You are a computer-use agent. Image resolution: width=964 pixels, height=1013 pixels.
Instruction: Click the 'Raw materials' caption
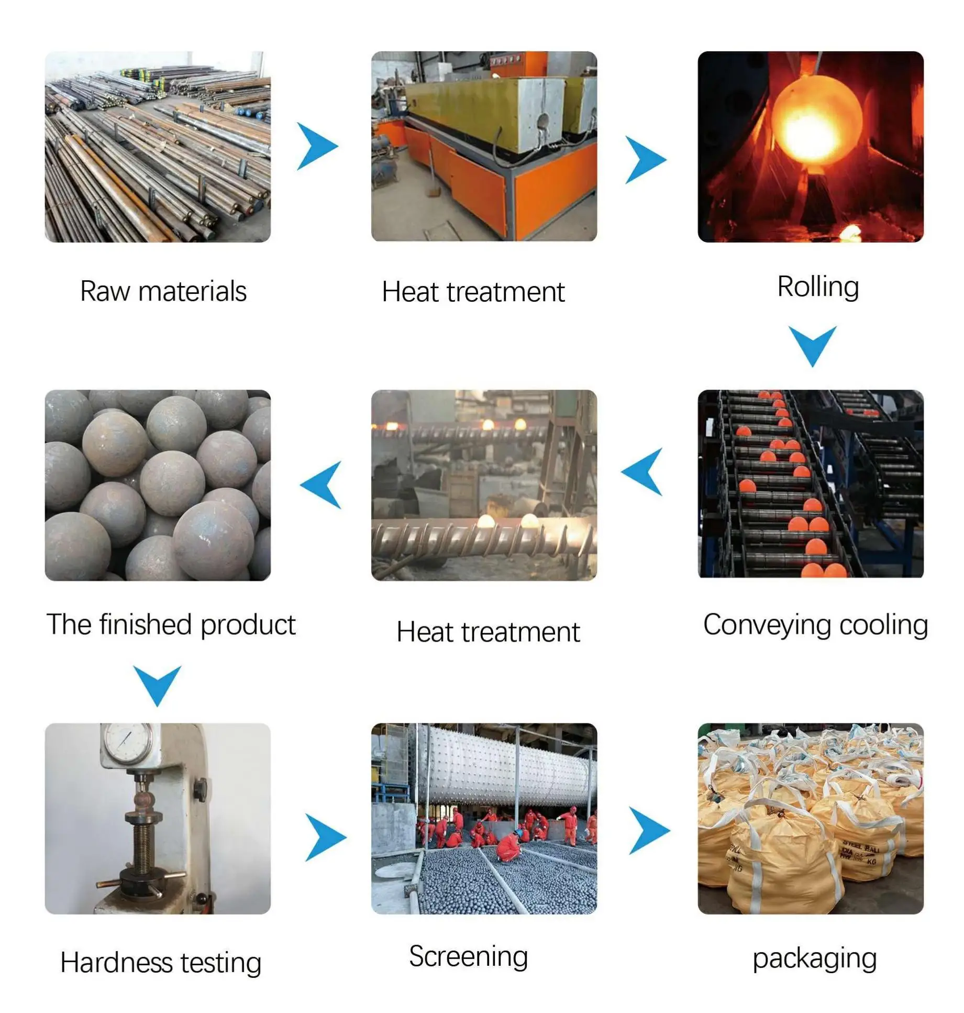coord(163,291)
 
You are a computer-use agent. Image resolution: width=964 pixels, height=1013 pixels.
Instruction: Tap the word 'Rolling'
coord(817,287)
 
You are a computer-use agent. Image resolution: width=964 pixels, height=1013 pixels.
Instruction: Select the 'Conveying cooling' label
coord(815,625)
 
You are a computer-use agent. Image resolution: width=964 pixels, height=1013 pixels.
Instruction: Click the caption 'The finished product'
coord(171,624)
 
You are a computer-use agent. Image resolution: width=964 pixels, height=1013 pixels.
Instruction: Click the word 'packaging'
coord(814,958)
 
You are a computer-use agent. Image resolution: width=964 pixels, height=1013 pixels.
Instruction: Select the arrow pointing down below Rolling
coord(812,345)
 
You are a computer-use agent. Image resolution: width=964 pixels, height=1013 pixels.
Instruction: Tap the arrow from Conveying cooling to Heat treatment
coord(643,471)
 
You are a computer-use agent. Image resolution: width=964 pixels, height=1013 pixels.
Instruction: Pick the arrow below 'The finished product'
coord(157,685)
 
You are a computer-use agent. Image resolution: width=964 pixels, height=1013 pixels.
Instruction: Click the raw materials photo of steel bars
coord(158,147)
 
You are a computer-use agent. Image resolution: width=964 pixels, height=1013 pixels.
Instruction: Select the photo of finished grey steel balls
coord(158,485)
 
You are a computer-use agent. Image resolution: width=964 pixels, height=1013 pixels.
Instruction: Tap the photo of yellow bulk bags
coord(810,818)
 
